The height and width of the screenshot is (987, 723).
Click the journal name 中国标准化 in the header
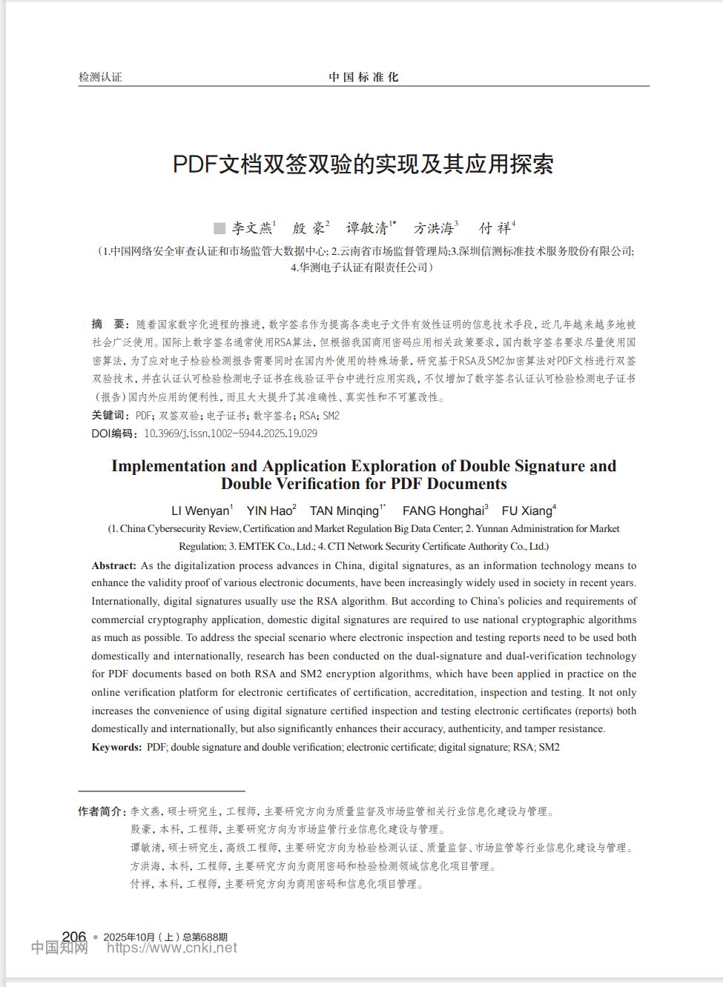pos(363,77)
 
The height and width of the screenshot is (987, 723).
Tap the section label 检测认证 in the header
pos(100,77)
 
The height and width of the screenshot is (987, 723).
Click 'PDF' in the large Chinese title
pos(194,164)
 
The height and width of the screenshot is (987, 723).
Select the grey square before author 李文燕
pos(219,228)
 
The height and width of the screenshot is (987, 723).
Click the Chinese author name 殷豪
pos(308,228)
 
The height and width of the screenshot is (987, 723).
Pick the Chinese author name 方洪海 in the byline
pos(433,228)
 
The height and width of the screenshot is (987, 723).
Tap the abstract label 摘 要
pos(109,325)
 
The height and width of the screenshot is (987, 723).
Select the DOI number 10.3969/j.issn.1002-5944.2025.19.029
pos(230,433)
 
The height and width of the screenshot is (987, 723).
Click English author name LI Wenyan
pos(200,511)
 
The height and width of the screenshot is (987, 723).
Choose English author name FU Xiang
pos(526,511)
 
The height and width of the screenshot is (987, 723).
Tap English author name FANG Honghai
pos(443,511)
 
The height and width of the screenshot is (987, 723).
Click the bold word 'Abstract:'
pos(113,565)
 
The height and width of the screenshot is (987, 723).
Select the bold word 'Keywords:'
pos(116,747)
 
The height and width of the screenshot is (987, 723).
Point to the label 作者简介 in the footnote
pos(102,811)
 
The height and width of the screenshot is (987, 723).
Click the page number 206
pos(74,937)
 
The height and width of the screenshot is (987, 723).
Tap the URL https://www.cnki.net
pos(172,948)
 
